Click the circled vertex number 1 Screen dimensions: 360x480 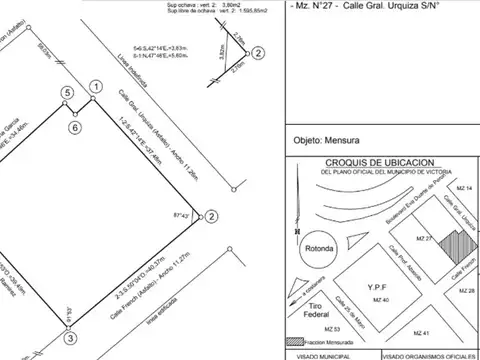pyautogui.click(x=94, y=88)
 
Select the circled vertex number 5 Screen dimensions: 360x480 pyautogui.click(x=66, y=93)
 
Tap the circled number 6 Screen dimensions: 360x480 pyautogui.click(x=75, y=127)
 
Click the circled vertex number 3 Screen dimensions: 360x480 pyautogui.click(x=70, y=338)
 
